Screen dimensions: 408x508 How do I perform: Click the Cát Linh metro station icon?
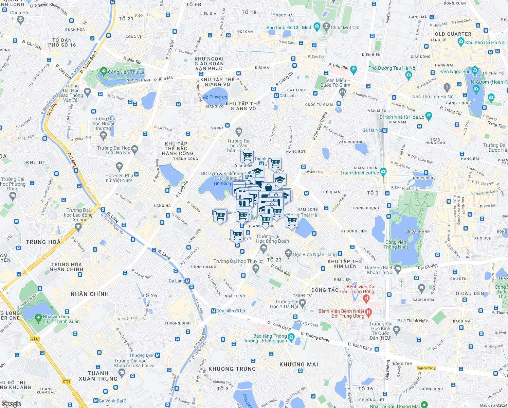pyautogui.click(x=276, y=96)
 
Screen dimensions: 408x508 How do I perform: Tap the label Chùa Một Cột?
pyautogui.click(x=345, y=28)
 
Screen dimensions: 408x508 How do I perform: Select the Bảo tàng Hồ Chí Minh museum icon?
pyautogui.click(x=317, y=26)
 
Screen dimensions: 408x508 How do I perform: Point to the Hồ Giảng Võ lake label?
pyautogui.click(x=215, y=97)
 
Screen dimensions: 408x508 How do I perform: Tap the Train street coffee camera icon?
pyautogui.click(x=383, y=171)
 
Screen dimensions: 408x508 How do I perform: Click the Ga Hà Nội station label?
pyautogui.click(x=372, y=130)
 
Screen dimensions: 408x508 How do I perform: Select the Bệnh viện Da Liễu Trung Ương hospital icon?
pyautogui.click(x=366, y=299)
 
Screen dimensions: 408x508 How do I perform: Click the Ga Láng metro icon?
pyautogui.click(x=188, y=281)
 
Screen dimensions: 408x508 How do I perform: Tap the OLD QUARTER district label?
pyautogui.click(x=453, y=34)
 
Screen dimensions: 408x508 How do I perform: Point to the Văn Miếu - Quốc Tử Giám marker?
pyautogui.click(x=342, y=91)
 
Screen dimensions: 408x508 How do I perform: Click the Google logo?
pyautogui.click(x=11, y=404)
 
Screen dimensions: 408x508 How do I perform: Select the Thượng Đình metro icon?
pyautogui.click(x=158, y=355)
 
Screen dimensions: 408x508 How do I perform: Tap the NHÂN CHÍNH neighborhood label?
pyautogui.click(x=90, y=294)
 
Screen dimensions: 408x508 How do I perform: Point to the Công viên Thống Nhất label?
pyautogui.click(x=396, y=244)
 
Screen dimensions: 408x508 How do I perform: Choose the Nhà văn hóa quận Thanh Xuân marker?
pyautogui.click(x=38, y=319)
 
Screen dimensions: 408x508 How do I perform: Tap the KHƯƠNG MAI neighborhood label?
pyautogui.click(x=299, y=364)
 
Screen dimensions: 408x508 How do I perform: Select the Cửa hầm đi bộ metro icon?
pyautogui.click(x=213, y=311)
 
